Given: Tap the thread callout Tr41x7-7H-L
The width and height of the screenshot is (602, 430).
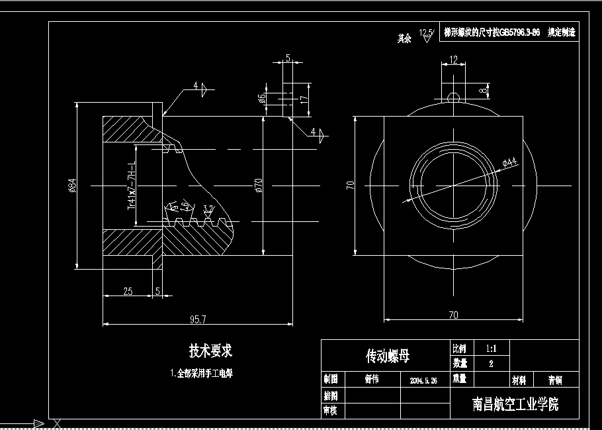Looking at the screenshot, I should point(131,185).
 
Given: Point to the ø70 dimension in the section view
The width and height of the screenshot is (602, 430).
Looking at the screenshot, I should point(259,186).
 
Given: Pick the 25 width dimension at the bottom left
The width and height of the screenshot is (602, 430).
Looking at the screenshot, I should point(128,291).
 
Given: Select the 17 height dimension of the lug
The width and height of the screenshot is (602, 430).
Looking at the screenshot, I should point(304,98).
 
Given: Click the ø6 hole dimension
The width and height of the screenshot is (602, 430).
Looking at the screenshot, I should point(262,98).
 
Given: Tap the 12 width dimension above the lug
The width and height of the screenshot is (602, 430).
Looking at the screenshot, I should point(453,60).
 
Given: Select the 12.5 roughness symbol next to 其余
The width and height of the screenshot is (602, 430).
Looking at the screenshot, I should point(426,35).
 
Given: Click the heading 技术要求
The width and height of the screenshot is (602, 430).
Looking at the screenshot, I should point(210,350).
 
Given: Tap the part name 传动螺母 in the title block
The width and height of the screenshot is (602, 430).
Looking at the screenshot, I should point(388,356).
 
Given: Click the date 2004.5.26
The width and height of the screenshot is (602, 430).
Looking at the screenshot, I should point(424,380).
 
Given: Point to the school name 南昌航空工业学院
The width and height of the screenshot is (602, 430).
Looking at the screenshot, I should point(515,403).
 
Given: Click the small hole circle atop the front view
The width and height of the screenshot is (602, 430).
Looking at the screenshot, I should point(453,97).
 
